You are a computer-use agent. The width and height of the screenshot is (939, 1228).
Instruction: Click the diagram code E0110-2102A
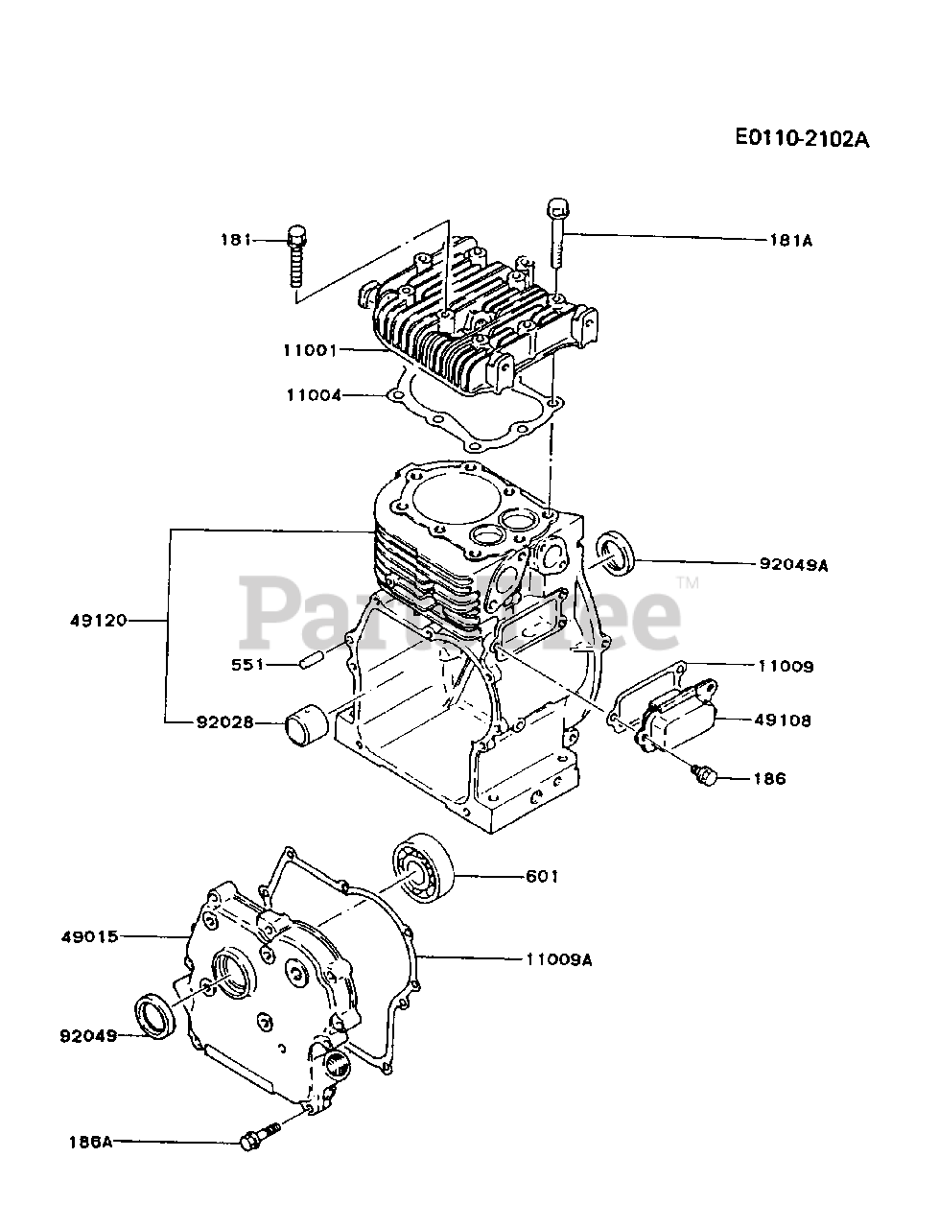pyautogui.click(x=802, y=138)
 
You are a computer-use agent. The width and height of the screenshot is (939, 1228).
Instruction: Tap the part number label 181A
pyautogui.click(x=789, y=241)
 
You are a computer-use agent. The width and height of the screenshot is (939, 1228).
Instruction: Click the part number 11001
pyautogui.click(x=311, y=350)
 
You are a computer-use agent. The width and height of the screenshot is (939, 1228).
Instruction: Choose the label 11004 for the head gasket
pyautogui.click(x=314, y=394)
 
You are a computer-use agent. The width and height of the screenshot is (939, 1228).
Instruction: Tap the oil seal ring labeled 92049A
pyautogui.click(x=616, y=556)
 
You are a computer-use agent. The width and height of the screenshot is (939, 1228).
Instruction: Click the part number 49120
pyautogui.click(x=98, y=621)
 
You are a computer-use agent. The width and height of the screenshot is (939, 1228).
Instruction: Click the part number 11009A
pyautogui.click(x=558, y=957)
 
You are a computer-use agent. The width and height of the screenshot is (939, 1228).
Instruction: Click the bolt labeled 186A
pyautogui.click(x=257, y=1139)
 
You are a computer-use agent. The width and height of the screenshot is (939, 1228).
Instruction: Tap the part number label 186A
pyautogui.click(x=90, y=1142)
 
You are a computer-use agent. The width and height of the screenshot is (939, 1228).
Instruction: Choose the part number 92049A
pyautogui.click(x=792, y=566)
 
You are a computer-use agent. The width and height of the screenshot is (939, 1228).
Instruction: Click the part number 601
pyautogui.click(x=542, y=876)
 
